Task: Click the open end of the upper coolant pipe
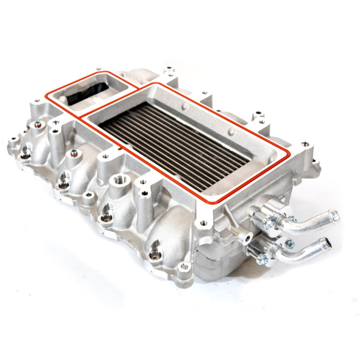(335, 216)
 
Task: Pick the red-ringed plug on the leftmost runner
(37, 126)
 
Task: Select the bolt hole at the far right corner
(306, 144)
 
